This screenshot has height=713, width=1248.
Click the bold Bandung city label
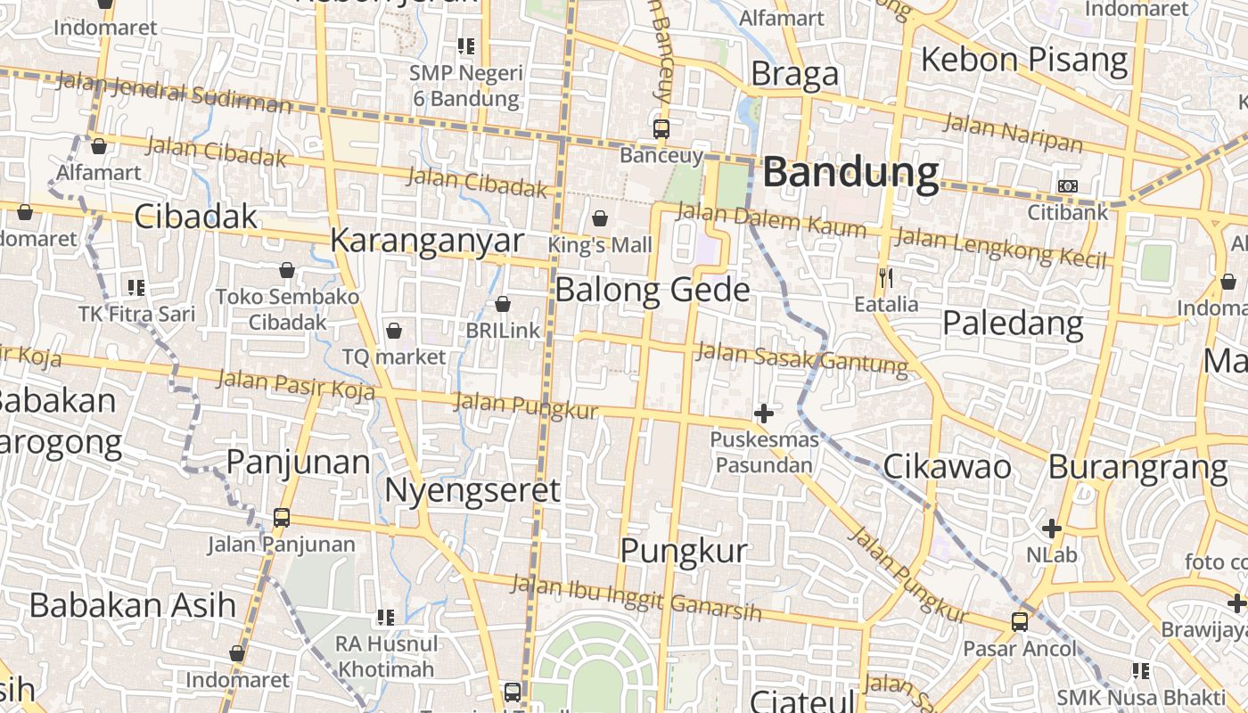click(x=851, y=172)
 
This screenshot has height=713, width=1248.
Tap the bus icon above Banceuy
click(x=661, y=128)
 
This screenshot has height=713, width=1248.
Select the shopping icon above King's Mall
click(x=600, y=218)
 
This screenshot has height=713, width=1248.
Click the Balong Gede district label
click(x=653, y=291)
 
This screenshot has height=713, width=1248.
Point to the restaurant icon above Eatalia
click(x=885, y=278)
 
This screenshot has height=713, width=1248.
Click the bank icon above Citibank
click(x=1067, y=186)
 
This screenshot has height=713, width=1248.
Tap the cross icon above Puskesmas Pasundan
click(x=764, y=413)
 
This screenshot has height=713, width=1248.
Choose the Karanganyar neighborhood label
click(x=427, y=241)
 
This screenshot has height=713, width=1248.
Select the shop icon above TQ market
click(x=394, y=332)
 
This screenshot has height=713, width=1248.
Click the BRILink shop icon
click(x=503, y=305)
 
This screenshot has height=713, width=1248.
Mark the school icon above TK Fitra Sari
click(x=136, y=287)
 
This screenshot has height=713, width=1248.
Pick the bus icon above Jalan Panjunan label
click(x=282, y=517)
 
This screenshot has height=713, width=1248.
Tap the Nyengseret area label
click(x=472, y=490)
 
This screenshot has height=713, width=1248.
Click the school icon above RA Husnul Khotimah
click(x=386, y=617)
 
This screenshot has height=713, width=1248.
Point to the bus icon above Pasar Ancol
click(x=1020, y=622)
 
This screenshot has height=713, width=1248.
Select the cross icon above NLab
click(x=1052, y=529)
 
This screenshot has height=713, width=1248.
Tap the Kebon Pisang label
click(x=1024, y=60)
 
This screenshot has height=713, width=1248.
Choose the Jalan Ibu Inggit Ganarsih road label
click(x=636, y=598)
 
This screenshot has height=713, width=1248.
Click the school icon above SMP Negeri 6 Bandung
click(x=466, y=45)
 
